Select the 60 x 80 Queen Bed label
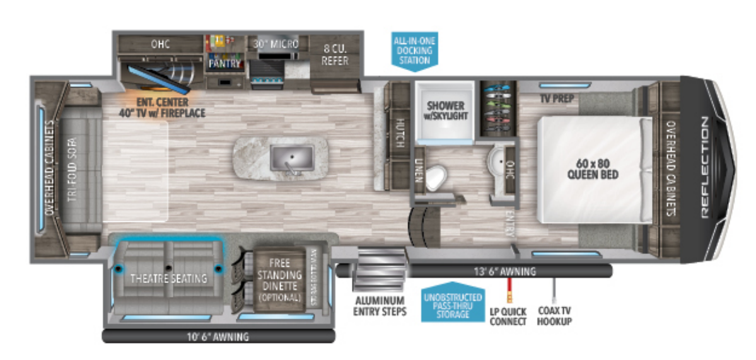click(592, 165)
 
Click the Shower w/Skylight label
click(445, 110)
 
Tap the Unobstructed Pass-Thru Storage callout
click(452, 305)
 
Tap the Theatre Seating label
click(168, 279)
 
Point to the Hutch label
click(400, 133)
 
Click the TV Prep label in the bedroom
click(553, 98)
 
